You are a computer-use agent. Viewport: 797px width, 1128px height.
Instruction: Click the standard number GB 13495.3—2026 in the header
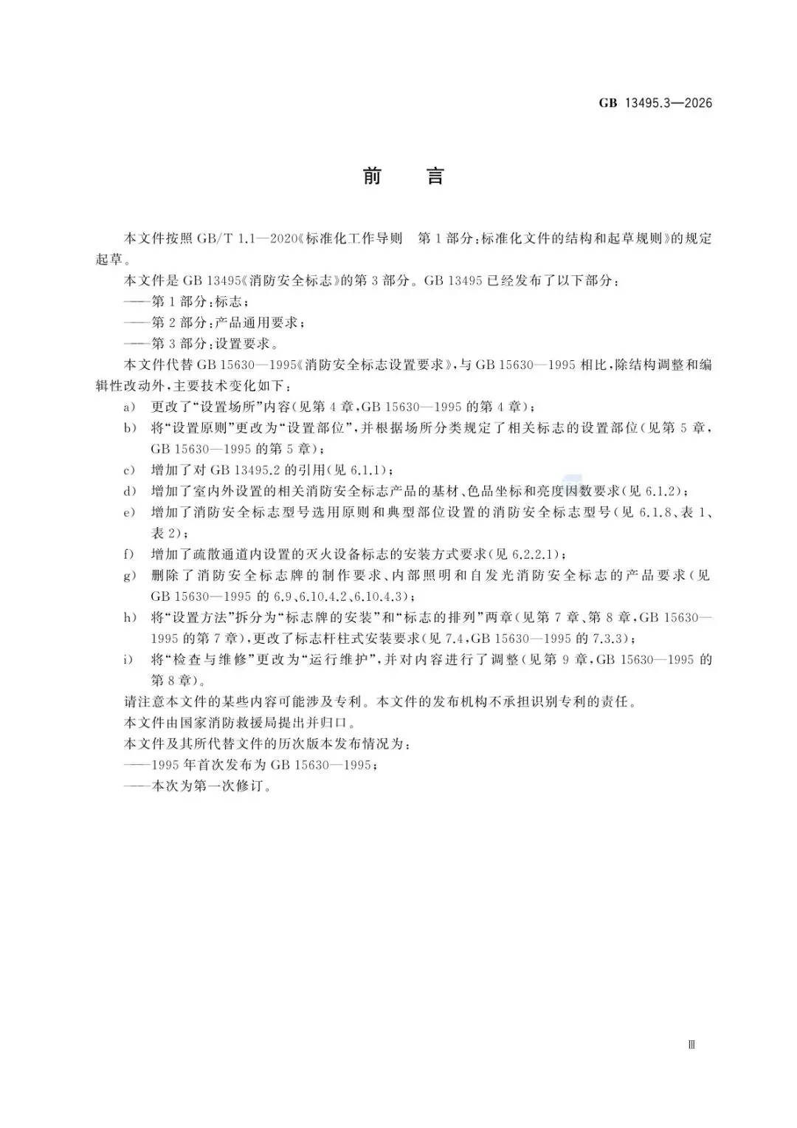[655, 103]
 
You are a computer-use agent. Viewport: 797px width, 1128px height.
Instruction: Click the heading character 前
[372, 176]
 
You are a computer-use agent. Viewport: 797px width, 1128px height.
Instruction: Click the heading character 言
[435, 176]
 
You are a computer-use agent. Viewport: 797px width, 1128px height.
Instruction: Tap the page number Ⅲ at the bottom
[691, 1045]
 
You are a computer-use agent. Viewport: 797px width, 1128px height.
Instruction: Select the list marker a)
[130, 407]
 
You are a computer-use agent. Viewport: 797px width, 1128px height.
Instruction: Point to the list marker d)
[130, 491]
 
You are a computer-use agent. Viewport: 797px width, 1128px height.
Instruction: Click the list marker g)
[130, 575]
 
